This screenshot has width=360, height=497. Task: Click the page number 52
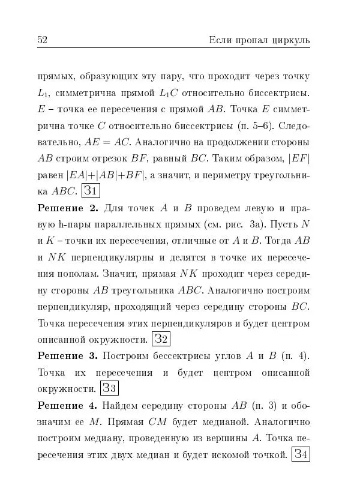click(43, 40)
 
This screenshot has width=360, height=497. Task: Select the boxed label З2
click(161, 339)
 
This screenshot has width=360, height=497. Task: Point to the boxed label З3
click(109, 388)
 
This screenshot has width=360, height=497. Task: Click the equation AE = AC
click(107, 143)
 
